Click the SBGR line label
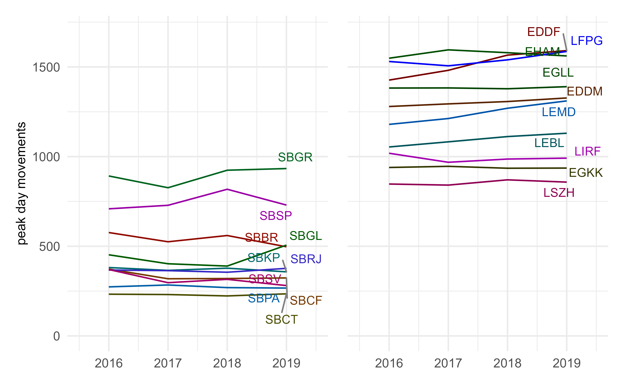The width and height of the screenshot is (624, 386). click(295, 157)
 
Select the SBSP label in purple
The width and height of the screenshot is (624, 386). click(276, 216)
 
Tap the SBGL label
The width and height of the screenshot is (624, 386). click(305, 236)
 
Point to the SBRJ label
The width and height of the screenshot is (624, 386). click(306, 259)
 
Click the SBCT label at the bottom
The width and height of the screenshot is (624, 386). click(281, 319)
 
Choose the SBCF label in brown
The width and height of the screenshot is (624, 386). click(306, 300)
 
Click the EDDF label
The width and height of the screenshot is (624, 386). click(543, 32)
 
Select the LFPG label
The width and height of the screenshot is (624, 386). click(586, 41)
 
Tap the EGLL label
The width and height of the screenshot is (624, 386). click(558, 73)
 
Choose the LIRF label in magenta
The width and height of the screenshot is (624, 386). click(587, 152)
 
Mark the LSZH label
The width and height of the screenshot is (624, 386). click(559, 193)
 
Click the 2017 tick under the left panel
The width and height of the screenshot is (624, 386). click(168, 363)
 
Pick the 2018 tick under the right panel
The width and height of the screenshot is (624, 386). click(507, 363)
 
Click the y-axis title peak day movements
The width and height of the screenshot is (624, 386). click(21, 183)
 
